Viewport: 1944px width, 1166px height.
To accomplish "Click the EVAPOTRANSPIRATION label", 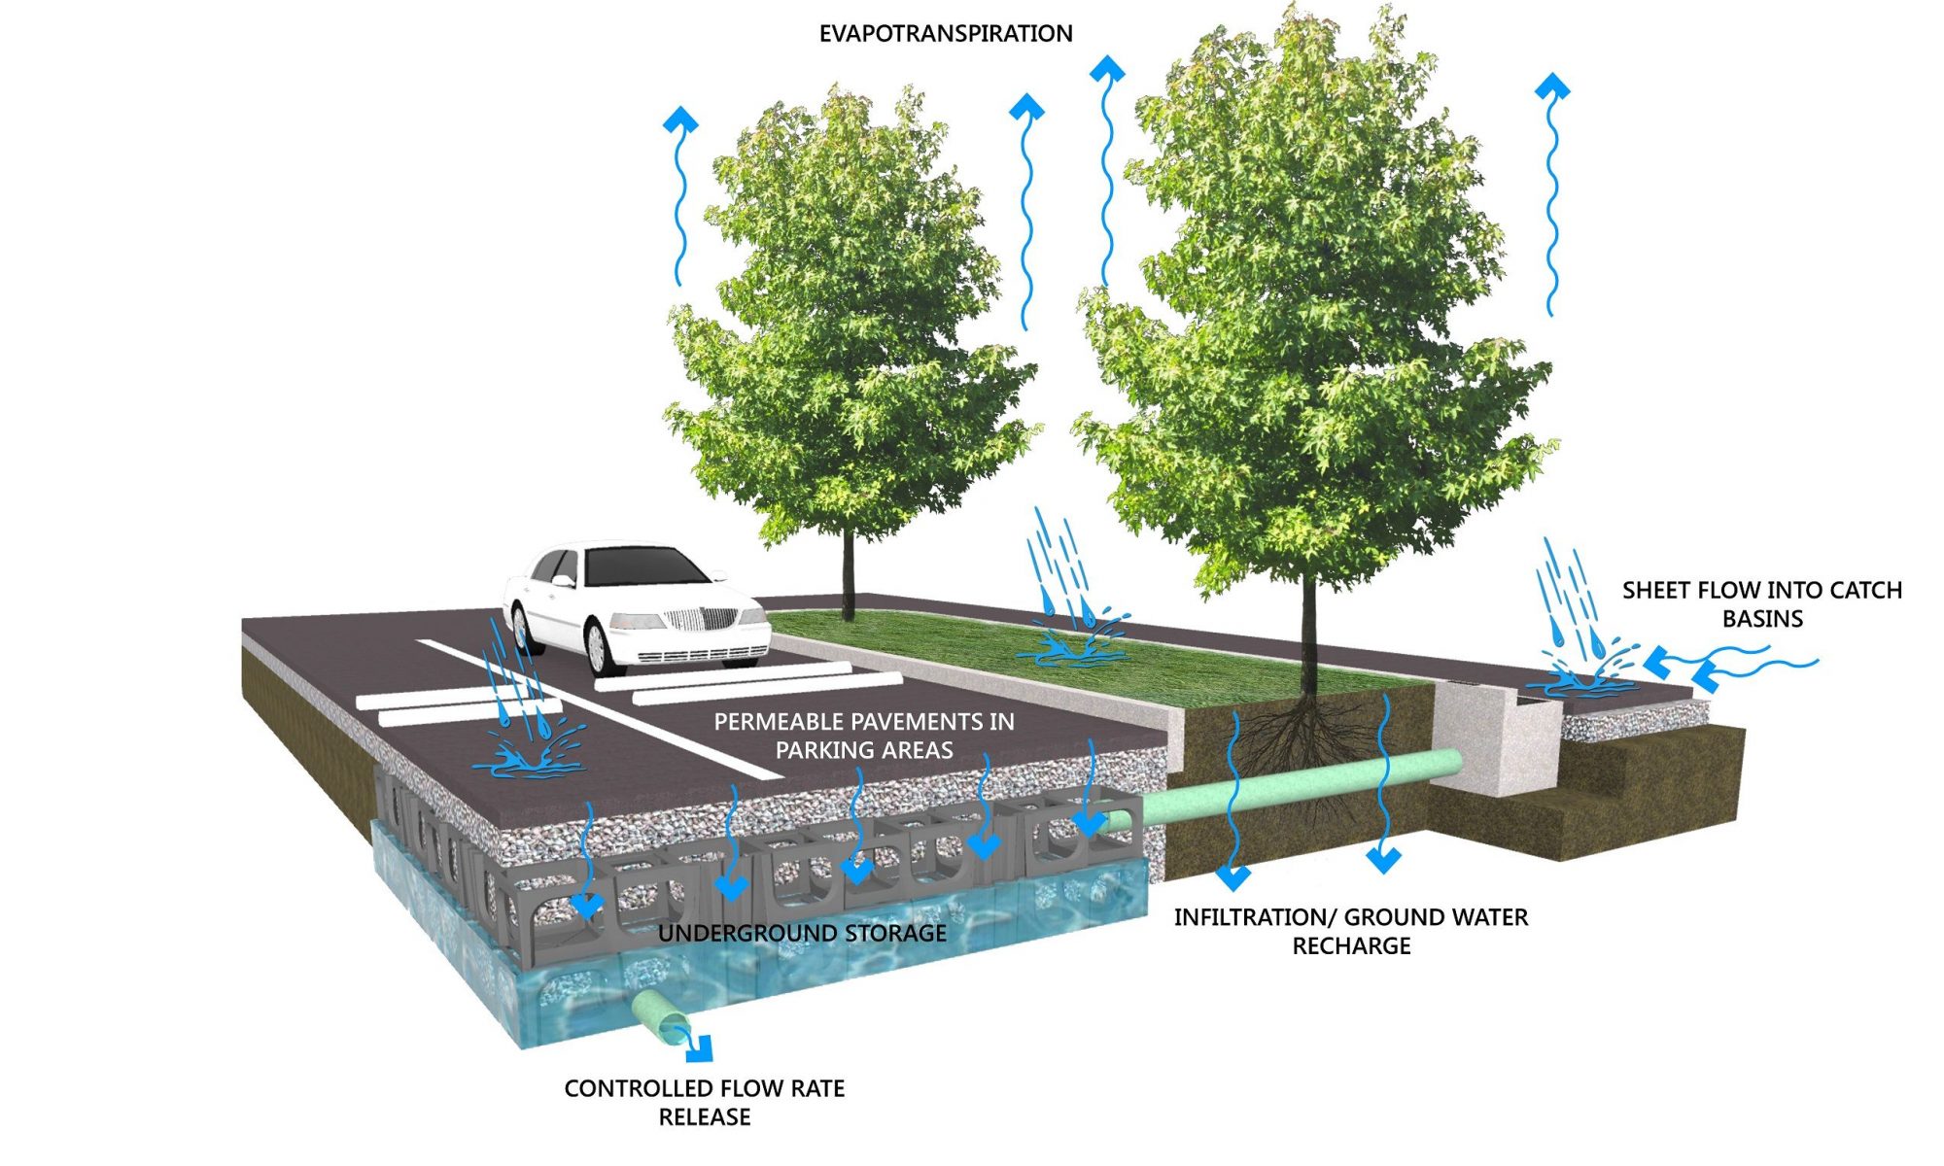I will (945, 34).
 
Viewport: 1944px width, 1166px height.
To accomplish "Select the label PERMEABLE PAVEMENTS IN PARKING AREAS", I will (864, 736).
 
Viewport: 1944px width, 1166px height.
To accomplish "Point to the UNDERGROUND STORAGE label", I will (802, 934).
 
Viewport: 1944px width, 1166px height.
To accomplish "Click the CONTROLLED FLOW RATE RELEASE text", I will (705, 1103).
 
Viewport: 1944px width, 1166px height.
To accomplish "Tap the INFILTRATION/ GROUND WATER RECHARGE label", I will (1351, 931).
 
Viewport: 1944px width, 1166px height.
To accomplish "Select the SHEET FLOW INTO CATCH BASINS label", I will (1761, 603).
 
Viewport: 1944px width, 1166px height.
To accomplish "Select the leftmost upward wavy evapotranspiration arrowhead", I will (680, 120).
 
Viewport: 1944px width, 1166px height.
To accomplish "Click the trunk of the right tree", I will (1309, 632).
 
